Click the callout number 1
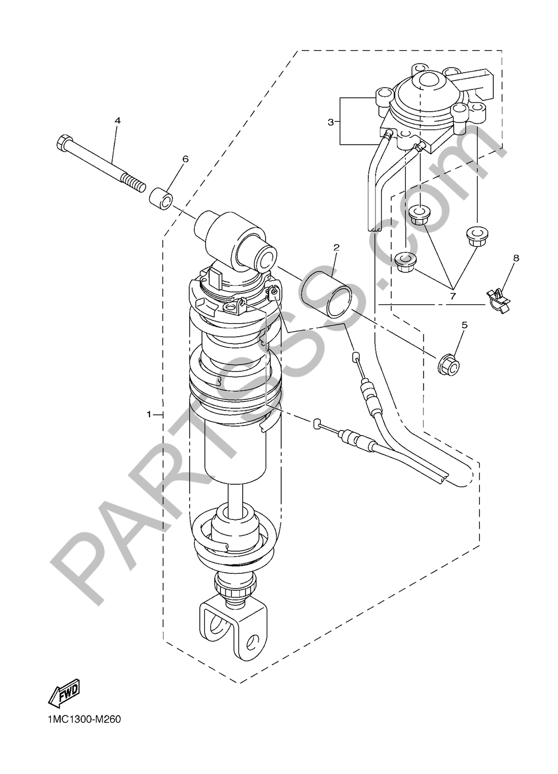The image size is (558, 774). click(149, 414)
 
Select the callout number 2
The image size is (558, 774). click(336, 247)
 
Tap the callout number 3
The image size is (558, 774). click(331, 122)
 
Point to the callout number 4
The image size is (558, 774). click(118, 121)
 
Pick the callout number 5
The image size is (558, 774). click(464, 325)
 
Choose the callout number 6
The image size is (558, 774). click(185, 159)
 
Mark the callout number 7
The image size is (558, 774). click(453, 296)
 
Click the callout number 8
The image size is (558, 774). click(516, 258)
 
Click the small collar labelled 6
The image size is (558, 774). click(161, 197)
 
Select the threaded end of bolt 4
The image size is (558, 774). click(133, 183)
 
